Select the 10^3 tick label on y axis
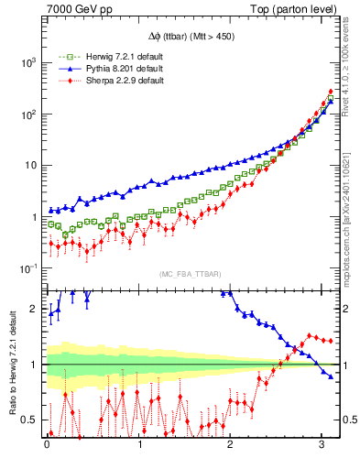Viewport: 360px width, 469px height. [27, 62]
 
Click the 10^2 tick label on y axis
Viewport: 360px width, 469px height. [27, 115]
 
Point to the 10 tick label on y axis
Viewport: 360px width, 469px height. [29, 166]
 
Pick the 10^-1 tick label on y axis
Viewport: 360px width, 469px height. [27, 268]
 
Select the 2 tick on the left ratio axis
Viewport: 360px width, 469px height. [35, 310]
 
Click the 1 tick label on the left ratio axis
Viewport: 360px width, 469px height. [35, 365]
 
